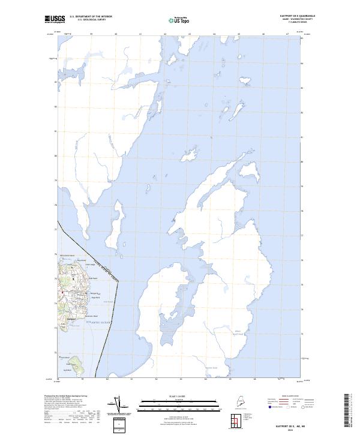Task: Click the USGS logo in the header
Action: click(x=54, y=19)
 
